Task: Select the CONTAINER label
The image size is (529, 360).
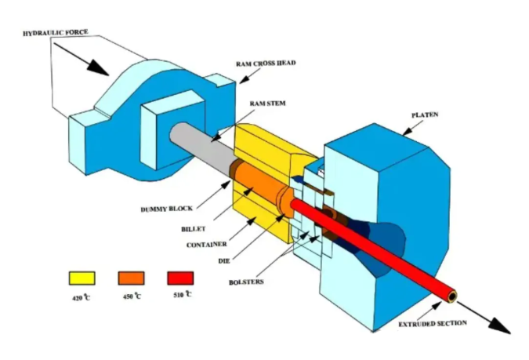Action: (x=206, y=245)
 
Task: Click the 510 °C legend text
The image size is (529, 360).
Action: (x=181, y=296)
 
